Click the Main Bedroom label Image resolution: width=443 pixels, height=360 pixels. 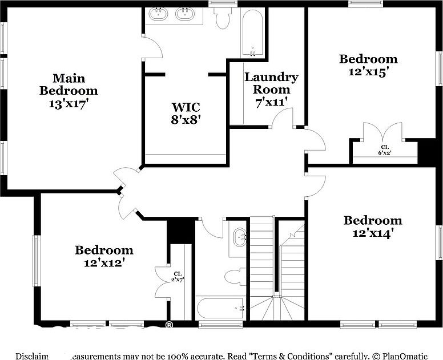[69, 84]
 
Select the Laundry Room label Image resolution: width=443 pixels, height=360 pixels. [271, 83]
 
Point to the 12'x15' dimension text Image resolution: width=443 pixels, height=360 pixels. [368, 72]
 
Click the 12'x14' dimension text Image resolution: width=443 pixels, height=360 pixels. [372, 233]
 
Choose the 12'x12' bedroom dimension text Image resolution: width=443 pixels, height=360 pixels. [104, 263]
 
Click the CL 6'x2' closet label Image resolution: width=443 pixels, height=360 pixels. [385, 150]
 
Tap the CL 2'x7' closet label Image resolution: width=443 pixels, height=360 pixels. [178, 276]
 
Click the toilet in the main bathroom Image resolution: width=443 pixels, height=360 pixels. [223, 18]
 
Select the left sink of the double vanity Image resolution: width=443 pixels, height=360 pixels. [158, 14]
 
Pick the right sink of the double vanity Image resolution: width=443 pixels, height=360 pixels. [186, 14]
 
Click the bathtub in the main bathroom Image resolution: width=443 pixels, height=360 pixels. [252, 33]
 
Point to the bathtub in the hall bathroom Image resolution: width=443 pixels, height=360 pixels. [220, 308]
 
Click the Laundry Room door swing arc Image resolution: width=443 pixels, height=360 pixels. [282, 118]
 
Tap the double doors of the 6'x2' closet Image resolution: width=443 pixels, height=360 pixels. [385, 133]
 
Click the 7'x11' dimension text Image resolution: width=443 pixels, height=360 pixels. [271, 102]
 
